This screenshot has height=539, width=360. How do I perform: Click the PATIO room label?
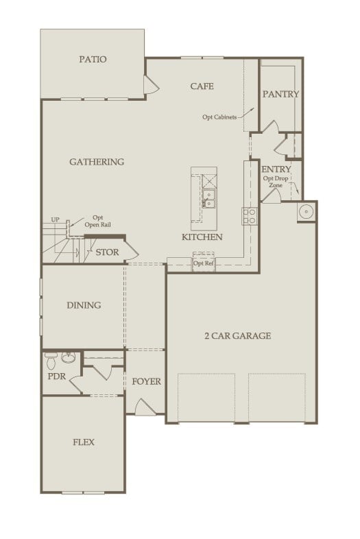(x=93, y=60)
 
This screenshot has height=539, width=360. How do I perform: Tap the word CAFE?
(x=202, y=86)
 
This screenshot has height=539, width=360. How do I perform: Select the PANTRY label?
(x=280, y=94)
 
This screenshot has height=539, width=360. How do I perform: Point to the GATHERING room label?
(x=97, y=162)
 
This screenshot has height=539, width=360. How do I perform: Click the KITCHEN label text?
(x=202, y=237)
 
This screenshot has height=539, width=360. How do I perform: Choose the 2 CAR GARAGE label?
(x=237, y=335)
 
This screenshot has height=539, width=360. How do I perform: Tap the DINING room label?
(x=84, y=305)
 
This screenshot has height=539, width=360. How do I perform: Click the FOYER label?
(x=146, y=381)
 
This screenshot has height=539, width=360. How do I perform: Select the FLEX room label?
(x=84, y=442)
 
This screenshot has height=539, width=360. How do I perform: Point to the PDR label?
(x=56, y=376)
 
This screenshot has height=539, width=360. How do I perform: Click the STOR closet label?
(x=107, y=252)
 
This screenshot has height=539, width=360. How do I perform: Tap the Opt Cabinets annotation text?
(x=219, y=117)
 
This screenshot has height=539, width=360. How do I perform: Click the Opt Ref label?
(x=203, y=263)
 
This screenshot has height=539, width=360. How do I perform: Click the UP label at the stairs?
(x=55, y=220)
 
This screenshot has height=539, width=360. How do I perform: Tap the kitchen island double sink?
(x=208, y=199)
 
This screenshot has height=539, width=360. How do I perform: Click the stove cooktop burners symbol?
(x=249, y=217)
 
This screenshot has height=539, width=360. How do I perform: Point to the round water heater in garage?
(x=305, y=213)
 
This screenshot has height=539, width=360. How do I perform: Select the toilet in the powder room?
(x=51, y=358)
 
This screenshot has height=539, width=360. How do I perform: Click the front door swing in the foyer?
(x=145, y=408)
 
